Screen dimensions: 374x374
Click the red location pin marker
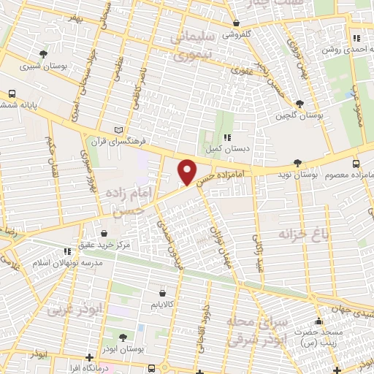click(x=188, y=172)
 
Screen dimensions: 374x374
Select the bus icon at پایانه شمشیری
click(x=12, y=94)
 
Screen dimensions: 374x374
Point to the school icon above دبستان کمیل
click(x=227, y=137)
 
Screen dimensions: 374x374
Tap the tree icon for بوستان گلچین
click(x=297, y=103)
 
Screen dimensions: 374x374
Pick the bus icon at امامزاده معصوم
click(x=356, y=164)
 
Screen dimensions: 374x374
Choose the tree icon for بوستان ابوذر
click(x=122, y=337)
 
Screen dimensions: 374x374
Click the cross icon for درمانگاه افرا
click(x=89, y=358)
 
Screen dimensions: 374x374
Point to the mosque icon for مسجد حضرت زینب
click(x=318, y=321)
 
